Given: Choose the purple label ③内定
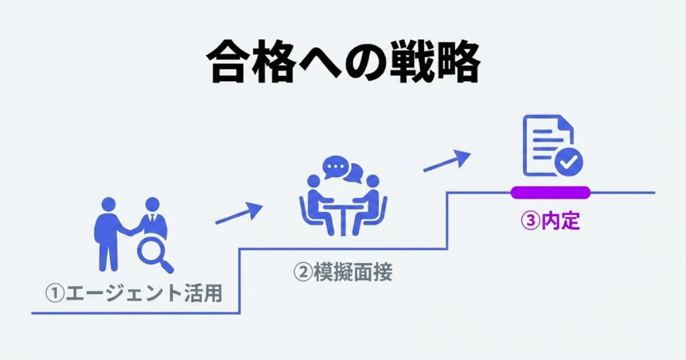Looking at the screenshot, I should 551,221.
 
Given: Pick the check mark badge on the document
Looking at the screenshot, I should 568,162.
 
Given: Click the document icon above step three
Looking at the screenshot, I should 548,146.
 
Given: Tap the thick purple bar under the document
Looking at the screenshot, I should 550,193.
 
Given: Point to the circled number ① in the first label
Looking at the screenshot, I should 55,294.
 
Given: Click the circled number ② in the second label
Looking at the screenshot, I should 302,273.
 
